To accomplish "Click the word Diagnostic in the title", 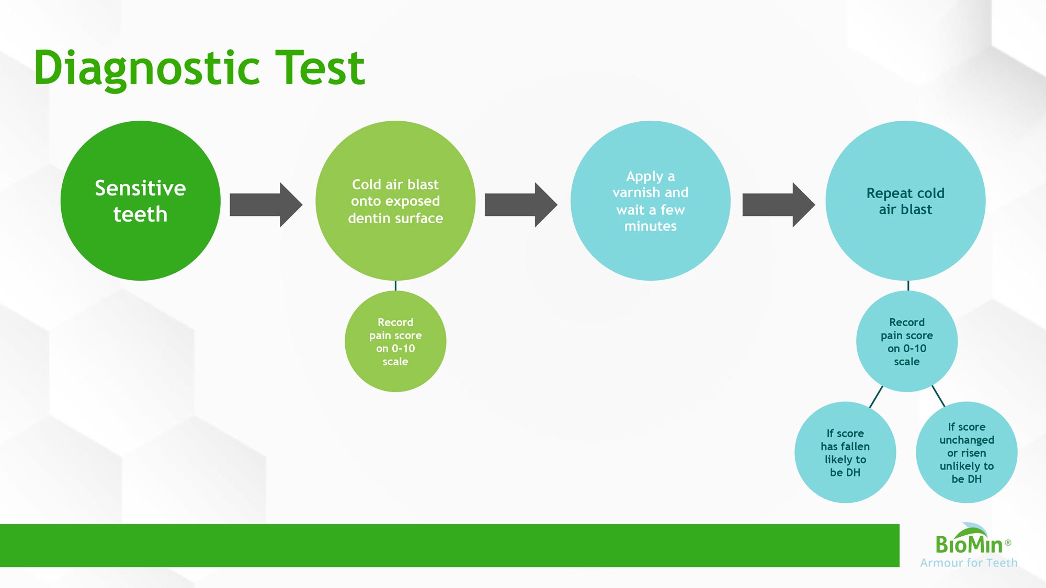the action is [147, 68].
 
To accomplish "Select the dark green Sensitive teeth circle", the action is [140, 201].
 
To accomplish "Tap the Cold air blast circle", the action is [395, 201].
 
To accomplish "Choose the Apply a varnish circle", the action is [651, 201].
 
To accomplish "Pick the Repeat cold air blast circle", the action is [905, 201].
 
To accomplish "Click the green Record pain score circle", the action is [395, 341].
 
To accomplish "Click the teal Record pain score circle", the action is [907, 341].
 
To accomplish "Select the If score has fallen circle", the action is [845, 452].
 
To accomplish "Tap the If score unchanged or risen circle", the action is [967, 452].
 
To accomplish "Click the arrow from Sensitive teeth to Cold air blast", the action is [266, 205].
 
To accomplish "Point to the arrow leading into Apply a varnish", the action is [521, 205].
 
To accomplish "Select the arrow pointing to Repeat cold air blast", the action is [779, 205].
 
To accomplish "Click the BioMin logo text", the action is [969, 544].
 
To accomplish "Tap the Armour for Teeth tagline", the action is [969, 563].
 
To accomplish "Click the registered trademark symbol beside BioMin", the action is [1008, 543].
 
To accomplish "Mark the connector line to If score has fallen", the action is [876, 397].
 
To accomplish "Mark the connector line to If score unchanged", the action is [938, 396].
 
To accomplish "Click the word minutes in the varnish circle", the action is [651, 226].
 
